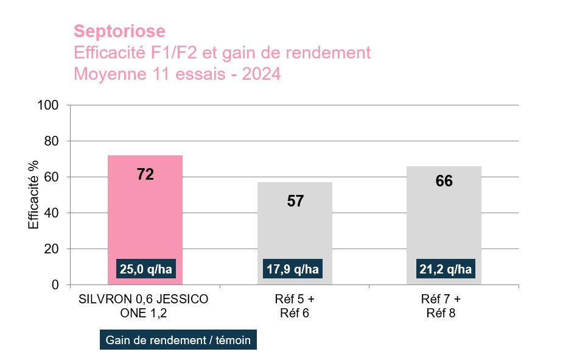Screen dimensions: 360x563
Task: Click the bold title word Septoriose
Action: [119, 31]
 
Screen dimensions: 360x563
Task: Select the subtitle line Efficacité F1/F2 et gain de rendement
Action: [222, 53]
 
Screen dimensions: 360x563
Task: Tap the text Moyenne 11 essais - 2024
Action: [177, 74]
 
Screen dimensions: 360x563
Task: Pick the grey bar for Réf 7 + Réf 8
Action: [444, 225]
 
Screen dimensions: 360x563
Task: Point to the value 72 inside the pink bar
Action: [145, 175]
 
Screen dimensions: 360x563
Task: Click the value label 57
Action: [295, 202]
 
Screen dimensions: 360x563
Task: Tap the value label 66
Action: [444, 182]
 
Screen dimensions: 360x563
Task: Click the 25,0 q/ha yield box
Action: [145, 269]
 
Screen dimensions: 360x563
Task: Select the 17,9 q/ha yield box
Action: [295, 269]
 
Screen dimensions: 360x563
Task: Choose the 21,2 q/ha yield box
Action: [444, 269]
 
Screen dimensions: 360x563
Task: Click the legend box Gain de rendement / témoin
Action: [178, 340]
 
